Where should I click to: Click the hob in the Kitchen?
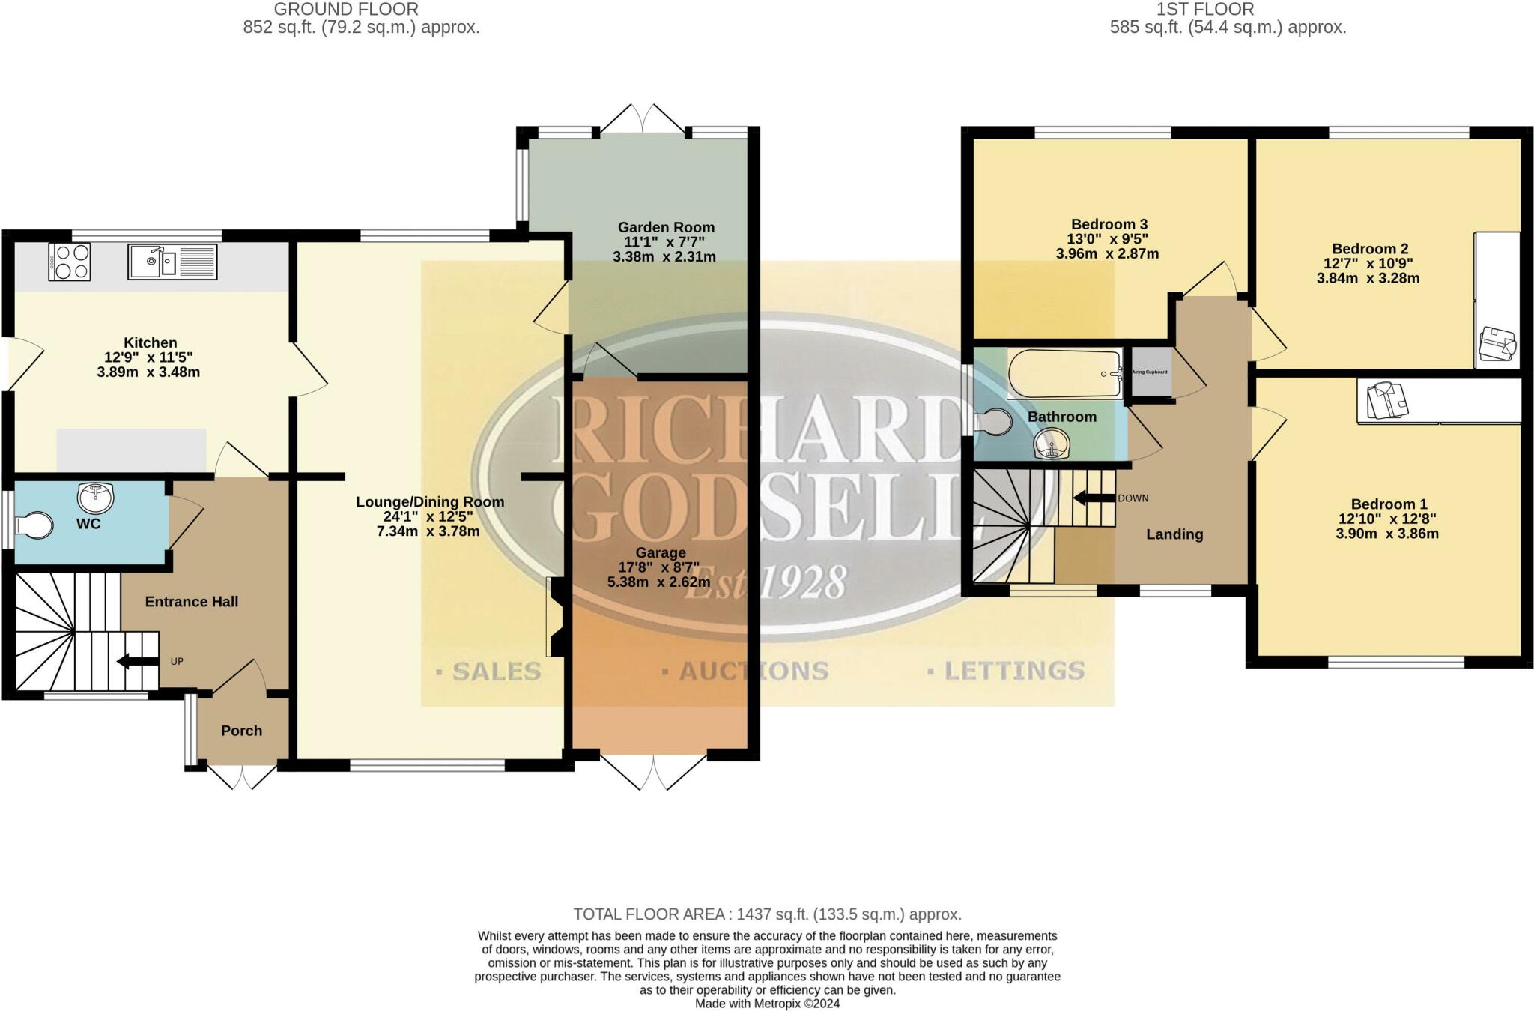(x=70, y=262)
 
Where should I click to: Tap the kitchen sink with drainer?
(x=172, y=262)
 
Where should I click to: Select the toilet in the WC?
(x=34, y=525)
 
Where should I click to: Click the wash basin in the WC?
(x=95, y=496)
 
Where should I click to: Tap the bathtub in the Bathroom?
(x=1064, y=373)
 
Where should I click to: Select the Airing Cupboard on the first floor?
(x=1150, y=372)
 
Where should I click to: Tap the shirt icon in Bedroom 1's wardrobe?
(x=1387, y=400)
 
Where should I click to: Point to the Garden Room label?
(x=666, y=227)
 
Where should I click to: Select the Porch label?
(x=241, y=731)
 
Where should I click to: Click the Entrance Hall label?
(x=192, y=602)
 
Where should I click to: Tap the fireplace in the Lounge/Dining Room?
(x=555, y=617)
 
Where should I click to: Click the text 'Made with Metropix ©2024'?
(x=767, y=1004)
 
